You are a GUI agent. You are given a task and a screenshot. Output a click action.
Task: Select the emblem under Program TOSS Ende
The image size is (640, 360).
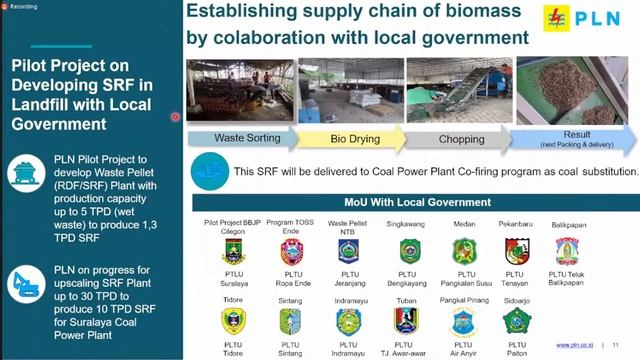click(291, 251)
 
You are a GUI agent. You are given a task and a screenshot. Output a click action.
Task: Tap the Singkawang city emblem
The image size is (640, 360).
click(409, 251)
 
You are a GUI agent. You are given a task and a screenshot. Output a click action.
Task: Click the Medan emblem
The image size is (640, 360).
click(463, 251)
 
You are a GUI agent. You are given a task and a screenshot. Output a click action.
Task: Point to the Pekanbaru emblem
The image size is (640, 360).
click(516, 251)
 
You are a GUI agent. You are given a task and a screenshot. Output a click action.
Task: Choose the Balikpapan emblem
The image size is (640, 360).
click(568, 250)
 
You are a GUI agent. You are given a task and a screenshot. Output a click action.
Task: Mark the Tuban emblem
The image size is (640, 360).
click(406, 320)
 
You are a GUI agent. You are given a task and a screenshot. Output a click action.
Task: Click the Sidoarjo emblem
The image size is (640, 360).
click(516, 320)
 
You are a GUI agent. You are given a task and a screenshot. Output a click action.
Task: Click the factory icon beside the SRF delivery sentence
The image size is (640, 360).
click(209, 169)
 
